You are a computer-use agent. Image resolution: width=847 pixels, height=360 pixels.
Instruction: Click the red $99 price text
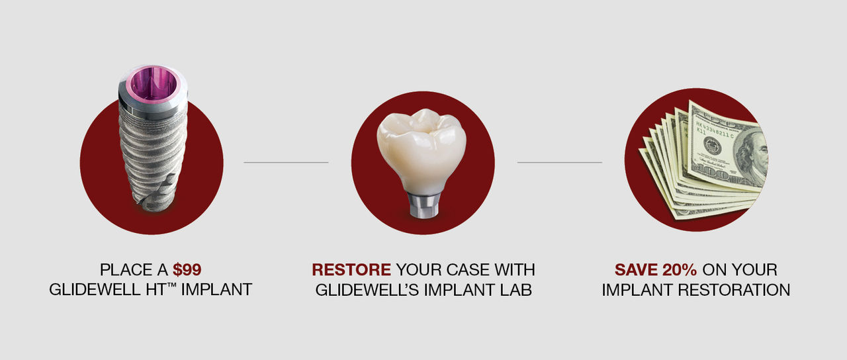point(187,269)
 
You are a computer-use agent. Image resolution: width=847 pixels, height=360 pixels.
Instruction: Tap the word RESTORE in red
point(351,269)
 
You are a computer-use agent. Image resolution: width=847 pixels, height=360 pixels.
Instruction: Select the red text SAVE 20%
point(655,269)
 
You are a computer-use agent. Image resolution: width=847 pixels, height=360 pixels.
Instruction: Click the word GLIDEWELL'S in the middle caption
point(367,290)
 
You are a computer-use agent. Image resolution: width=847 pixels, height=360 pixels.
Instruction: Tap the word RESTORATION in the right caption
point(734,290)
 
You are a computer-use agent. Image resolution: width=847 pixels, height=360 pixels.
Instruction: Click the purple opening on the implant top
point(153,85)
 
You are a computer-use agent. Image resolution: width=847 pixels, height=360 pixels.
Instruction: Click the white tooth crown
point(422,150)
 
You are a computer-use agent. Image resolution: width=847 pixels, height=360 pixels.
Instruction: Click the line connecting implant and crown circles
point(286,163)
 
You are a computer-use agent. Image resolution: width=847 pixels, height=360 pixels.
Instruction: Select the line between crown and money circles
point(560,163)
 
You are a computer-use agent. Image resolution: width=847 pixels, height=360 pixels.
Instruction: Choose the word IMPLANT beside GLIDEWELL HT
point(216,290)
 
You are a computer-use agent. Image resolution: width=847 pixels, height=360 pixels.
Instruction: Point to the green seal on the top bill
point(713,146)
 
